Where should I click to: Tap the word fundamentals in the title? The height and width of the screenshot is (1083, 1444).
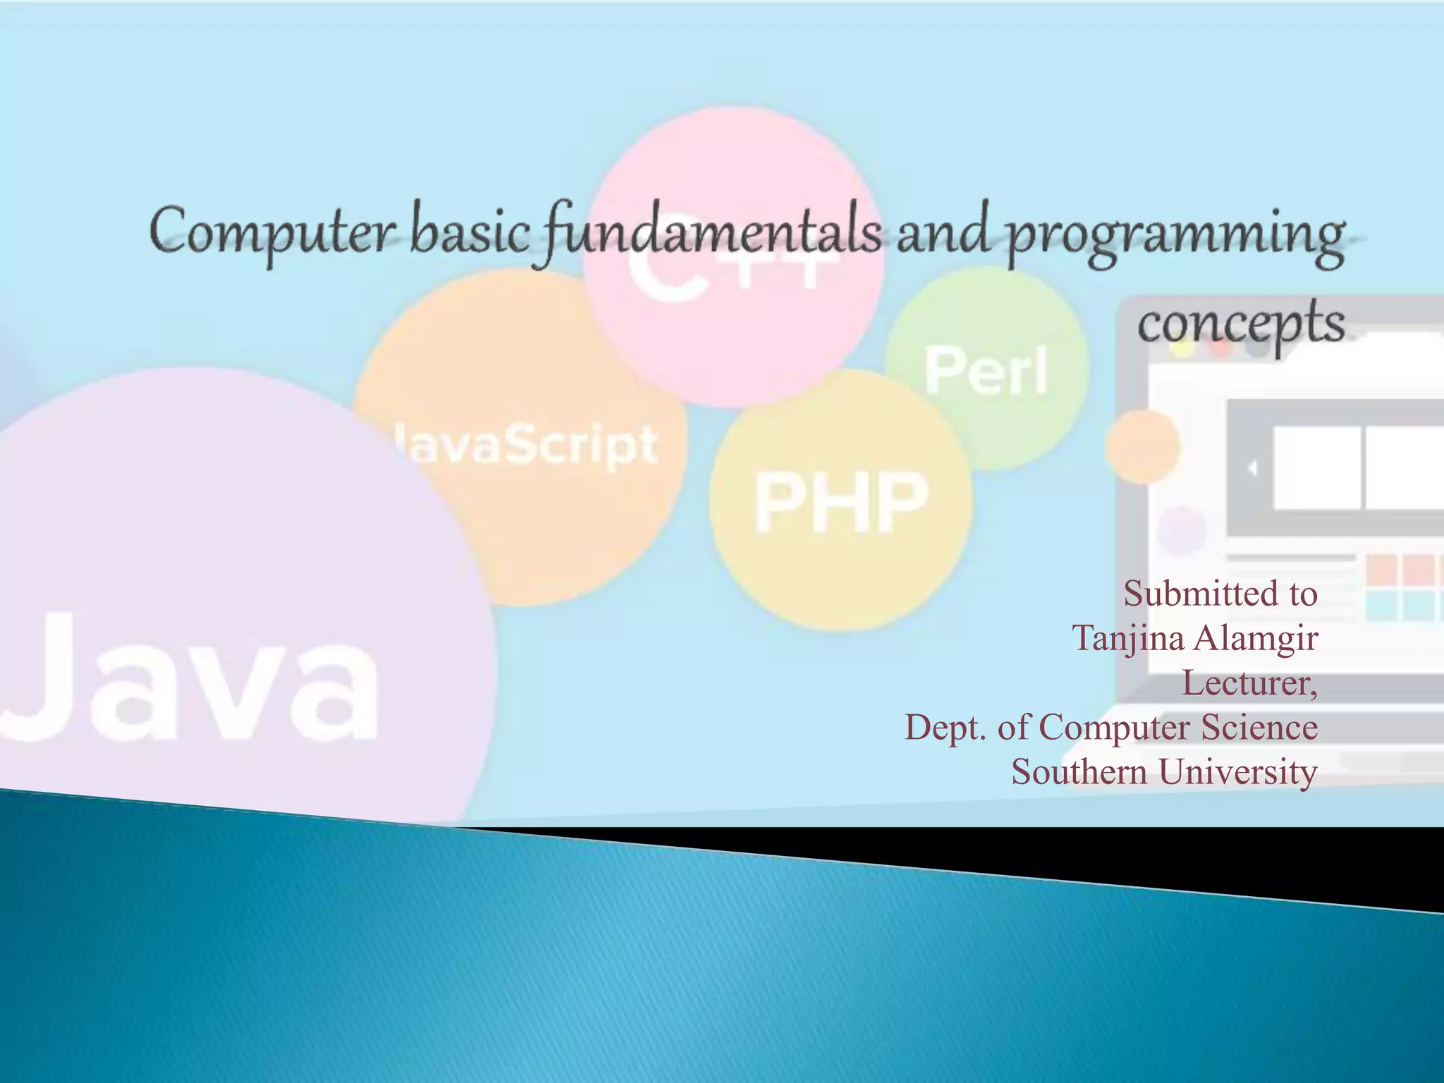click(712, 233)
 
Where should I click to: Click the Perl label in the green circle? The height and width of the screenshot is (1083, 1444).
click(986, 371)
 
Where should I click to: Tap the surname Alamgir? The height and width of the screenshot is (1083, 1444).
click(1256, 639)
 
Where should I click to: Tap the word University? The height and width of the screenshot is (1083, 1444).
click(1238, 772)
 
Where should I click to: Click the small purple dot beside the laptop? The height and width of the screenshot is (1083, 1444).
click(1182, 530)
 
